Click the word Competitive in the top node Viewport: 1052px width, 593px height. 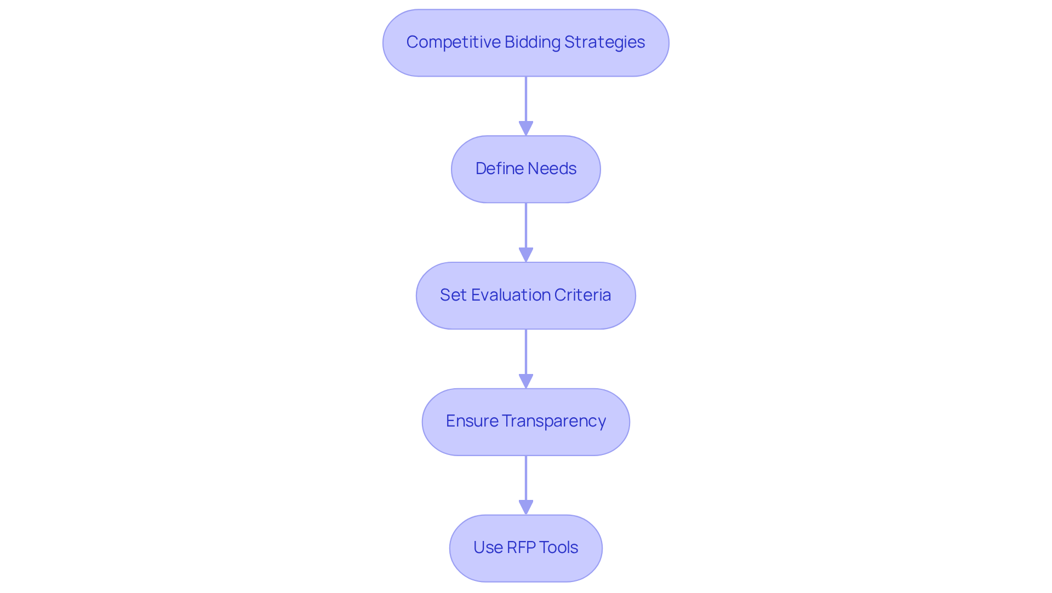pyautogui.click(x=453, y=42)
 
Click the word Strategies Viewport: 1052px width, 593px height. pyautogui.click(x=604, y=42)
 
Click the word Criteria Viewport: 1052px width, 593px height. pyautogui.click(x=582, y=295)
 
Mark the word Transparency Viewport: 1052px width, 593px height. pyautogui.click(x=553, y=421)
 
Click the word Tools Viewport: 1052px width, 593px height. pyautogui.click(x=558, y=548)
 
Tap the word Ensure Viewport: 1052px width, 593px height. pyautogui.click(x=472, y=421)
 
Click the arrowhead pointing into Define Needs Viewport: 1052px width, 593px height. pyautogui.click(x=526, y=129)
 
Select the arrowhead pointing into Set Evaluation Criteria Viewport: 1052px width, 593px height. pyautogui.click(x=526, y=255)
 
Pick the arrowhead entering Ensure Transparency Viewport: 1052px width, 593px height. pyautogui.click(x=526, y=382)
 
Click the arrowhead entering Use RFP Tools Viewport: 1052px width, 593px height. pyautogui.click(x=526, y=508)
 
